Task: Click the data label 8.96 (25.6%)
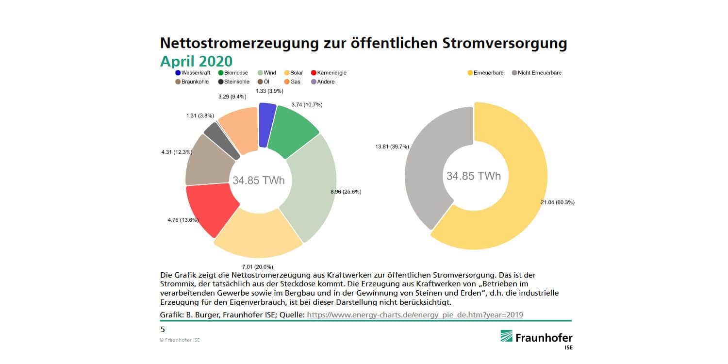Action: point(346,192)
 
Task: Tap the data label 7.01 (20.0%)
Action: point(257,266)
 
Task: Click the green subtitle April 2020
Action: point(196,61)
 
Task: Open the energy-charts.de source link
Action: point(415,315)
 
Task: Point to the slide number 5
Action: point(163,330)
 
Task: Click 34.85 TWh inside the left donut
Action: point(259,181)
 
